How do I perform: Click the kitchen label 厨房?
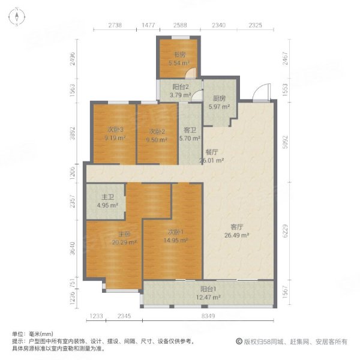pos(218,99)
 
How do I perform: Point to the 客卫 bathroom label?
pos(190,130)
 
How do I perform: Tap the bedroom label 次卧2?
pos(157,130)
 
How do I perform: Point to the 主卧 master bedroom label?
pos(124,234)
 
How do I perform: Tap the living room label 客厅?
pos(237,227)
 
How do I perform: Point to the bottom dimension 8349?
pos(208,316)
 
